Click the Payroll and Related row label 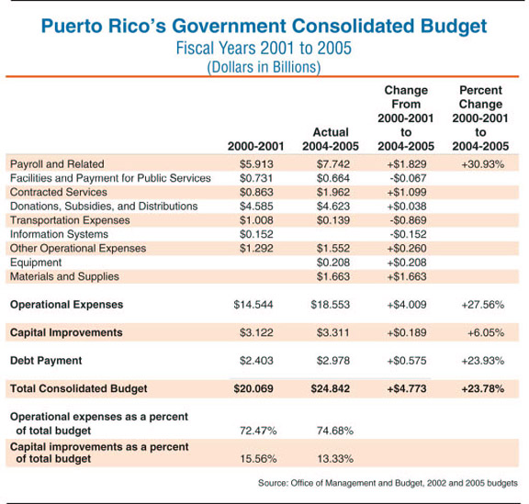pos(57,164)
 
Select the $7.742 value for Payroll pos(333,164)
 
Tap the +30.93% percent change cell pos(483,164)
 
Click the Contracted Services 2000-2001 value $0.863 pos(256,192)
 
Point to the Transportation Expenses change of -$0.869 pos(408,220)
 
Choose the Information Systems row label pos(59,234)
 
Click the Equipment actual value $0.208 pos(333,263)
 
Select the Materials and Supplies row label pos(64,276)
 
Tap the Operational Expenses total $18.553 pos(331,305)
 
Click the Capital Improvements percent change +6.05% pos(486,332)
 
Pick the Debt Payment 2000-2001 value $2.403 pos(256,361)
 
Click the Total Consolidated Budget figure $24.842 pos(331,388)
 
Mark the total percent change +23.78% pos(483,388)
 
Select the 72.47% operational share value pos(258,431)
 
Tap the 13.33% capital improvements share pos(335,459)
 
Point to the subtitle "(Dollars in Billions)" pos(264,67)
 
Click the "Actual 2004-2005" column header pos(331,139)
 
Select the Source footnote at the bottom pos(388,483)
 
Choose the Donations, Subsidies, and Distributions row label pos(104,207)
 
